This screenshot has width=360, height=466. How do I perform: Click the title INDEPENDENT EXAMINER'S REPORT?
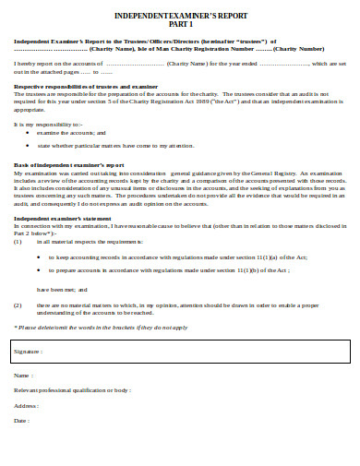pyautogui.click(x=180, y=16)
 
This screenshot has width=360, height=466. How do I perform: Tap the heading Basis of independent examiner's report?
pyautogui.click(x=63, y=163)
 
